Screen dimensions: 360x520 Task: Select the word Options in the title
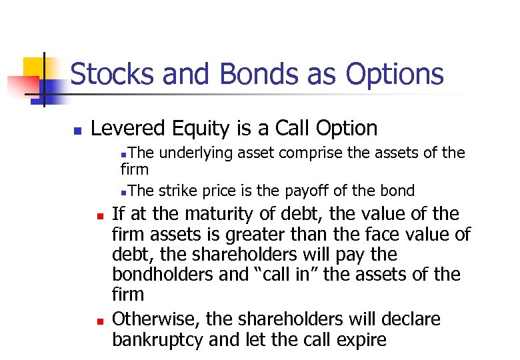tap(395, 74)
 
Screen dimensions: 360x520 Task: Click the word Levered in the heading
tap(129, 128)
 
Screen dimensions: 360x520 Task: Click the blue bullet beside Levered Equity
tap(77, 129)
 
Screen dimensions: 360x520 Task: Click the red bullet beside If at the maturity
tap(98, 216)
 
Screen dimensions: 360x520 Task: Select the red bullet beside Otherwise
tap(98, 321)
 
